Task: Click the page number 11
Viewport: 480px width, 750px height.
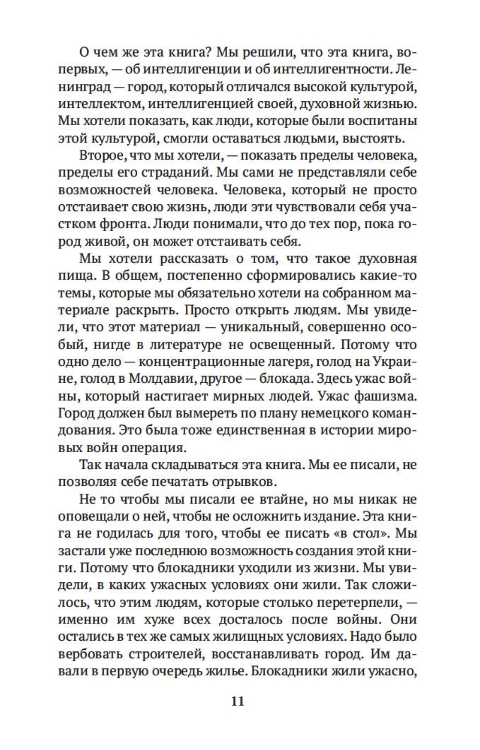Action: click(x=238, y=701)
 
